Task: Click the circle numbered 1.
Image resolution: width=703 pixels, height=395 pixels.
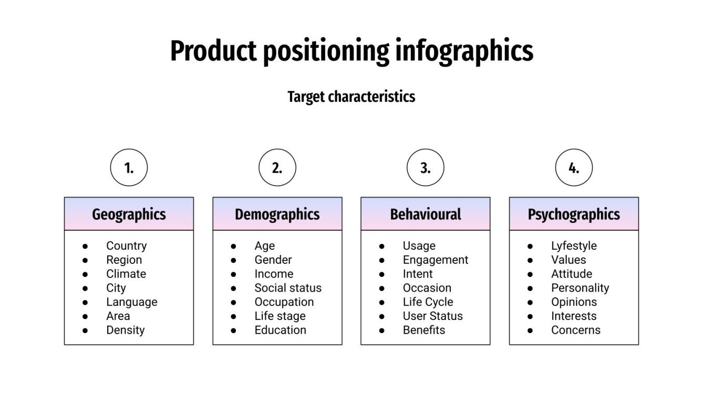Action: tap(129, 167)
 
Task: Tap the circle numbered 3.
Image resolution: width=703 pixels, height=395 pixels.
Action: tap(425, 167)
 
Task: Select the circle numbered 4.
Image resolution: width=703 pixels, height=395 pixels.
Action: tap(574, 167)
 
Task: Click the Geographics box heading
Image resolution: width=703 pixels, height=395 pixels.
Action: tap(129, 214)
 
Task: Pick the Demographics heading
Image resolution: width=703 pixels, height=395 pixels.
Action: tap(277, 214)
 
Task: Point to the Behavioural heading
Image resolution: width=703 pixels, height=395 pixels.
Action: tap(425, 214)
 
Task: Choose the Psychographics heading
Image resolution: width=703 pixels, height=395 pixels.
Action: tap(574, 214)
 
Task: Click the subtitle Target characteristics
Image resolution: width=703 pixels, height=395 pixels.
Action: tap(351, 97)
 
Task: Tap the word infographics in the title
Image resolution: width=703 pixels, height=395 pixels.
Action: tap(464, 51)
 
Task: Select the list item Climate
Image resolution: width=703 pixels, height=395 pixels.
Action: tap(126, 274)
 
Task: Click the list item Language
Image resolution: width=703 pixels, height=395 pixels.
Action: tap(131, 302)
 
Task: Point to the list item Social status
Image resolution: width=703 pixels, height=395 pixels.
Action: tap(288, 288)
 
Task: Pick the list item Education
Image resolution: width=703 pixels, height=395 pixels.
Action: tap(280, 330)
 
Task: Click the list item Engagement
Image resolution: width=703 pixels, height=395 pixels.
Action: tap(435, 260)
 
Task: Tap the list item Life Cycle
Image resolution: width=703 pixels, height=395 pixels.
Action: tap(428, 302)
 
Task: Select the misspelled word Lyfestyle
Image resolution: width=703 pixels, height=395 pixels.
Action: tap(574, 245)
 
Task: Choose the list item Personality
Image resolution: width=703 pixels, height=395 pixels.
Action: tap(580, 288)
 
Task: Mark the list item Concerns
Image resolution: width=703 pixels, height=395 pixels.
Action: tap(575, 330)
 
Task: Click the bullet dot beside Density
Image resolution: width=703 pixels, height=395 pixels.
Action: tap(85, 330)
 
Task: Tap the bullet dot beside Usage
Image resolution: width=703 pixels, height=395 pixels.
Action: tap(382, 246)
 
